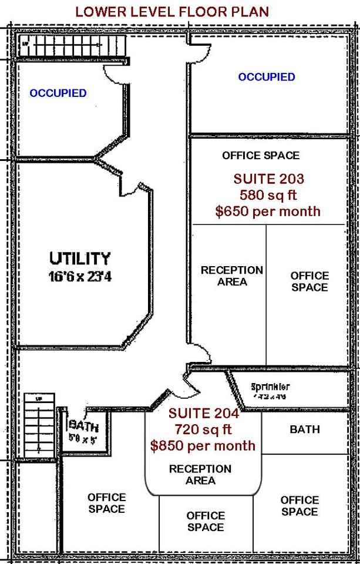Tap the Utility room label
click(x=80, y=258)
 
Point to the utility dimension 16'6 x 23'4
click(x=80, y=276)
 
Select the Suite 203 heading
click(x=268, y=179)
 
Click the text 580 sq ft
click(x=268, y=194)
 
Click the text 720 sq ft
click(x=203, y=429)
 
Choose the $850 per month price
click(x=203, y=445)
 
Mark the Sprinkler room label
click(x=270, y=387)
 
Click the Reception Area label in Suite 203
click(x=232, y=276)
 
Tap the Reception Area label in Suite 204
click(x=200, y=475)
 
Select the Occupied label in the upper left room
click(x=58, y=93)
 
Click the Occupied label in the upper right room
click(x=267, y=77)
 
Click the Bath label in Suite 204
click(x=305, y=429)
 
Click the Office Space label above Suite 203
click(x=261, y=156)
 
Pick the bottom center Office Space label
click(x=206, y=521)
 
